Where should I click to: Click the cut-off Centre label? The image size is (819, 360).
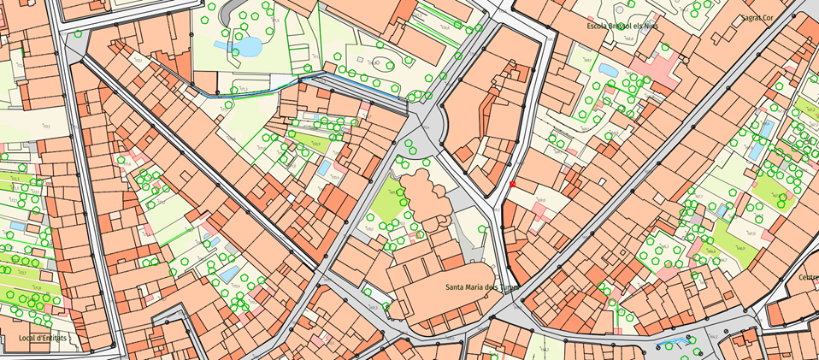807,277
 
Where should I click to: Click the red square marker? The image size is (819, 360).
512,184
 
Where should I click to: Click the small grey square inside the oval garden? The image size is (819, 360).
362,61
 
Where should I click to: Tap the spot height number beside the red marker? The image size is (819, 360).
539,201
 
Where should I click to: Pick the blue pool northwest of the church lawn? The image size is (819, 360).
325,167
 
